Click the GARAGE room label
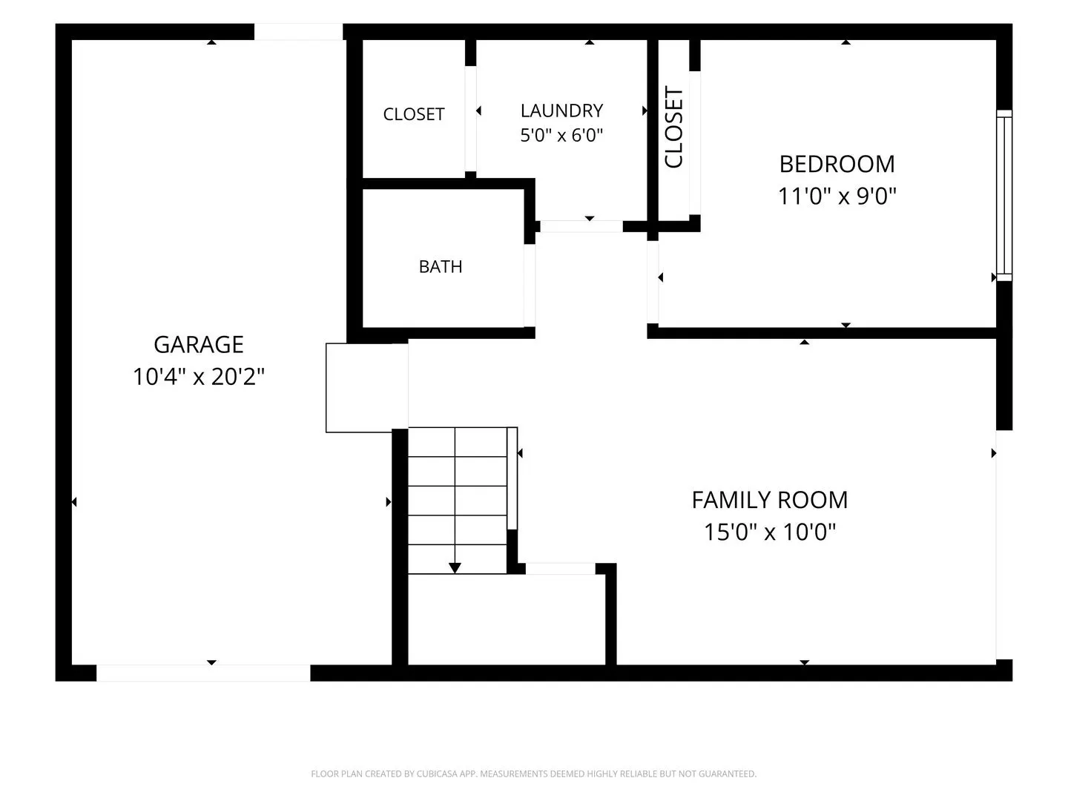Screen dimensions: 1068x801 pos(199,344)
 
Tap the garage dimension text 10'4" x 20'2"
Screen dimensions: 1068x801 pos(199,377)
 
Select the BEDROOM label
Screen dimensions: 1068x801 pos(837,164)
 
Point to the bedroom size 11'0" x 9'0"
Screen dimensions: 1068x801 pos(837,196)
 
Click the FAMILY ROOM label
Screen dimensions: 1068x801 pos(770,500)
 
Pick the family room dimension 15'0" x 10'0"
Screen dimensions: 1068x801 pos(770,532)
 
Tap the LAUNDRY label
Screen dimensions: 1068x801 pos(561,111)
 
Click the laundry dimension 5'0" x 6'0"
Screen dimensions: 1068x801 pos(561,135)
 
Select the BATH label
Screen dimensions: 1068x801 pos(441,266)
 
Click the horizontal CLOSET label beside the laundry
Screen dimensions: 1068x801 pos(414,114)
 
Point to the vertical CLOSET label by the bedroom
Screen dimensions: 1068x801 pos(674,128)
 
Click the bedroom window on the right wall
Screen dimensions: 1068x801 pos(1003,196)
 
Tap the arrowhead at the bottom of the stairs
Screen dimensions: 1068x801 pos(455,567)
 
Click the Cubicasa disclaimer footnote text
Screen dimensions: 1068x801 pos(533,774)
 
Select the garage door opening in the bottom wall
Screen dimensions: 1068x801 pos(203,673)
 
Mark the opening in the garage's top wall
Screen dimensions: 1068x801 pos(299,32)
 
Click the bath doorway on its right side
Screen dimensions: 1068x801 pos(530,286)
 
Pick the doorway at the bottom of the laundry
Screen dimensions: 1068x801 pos(581,226)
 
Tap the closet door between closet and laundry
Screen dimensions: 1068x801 pos(470,118)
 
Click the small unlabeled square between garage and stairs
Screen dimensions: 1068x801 pos(367,388)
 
